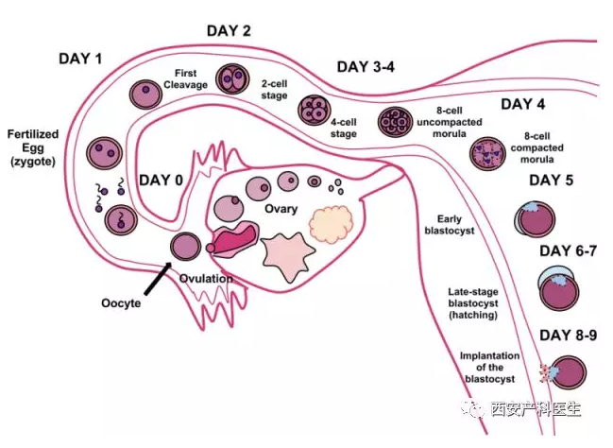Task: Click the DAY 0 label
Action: tap(162, 181)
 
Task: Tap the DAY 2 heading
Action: tap(229, 31)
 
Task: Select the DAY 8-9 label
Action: tap(568, 336)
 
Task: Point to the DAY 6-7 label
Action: tap(568, 250)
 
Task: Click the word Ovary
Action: tap(281, 209)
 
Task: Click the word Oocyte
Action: tap(121, 302)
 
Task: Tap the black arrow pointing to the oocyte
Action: tap(157, 279)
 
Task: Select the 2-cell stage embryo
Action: tap(232, 79)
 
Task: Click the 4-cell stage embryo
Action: tap(315, 110)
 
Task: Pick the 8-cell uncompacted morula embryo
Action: tap(395, 122)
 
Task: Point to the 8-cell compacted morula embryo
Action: tap(487, 153)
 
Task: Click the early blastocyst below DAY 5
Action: tap(535, 219)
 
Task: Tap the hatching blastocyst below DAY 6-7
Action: tap(558, 288)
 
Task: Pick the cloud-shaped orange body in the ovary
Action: tap(332, 224)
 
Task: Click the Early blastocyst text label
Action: tap(450, 225)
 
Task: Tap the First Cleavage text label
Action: tap(185, 78)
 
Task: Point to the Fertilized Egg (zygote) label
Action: tap(33, 147)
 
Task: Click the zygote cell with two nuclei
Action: tap(105, 153)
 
